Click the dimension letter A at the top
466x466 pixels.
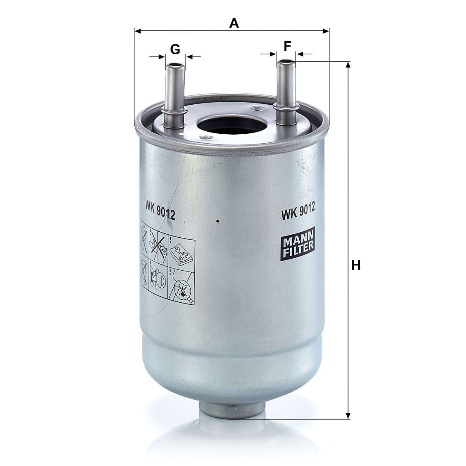pyautogui.click(x=234, y=23)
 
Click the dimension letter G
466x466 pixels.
pyautogui.click(x=175, y=49)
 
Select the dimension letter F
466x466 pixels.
pyautogui.click(x=287, y=46)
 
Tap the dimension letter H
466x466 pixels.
pyautogui.click(x=356, y=265)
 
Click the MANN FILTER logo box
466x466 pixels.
pyautogui.click(x=298, y=244)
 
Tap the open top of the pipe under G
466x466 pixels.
pyautogui.click(x=175, y=65)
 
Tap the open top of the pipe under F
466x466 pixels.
pyautogui.click(x=286, y=62)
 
